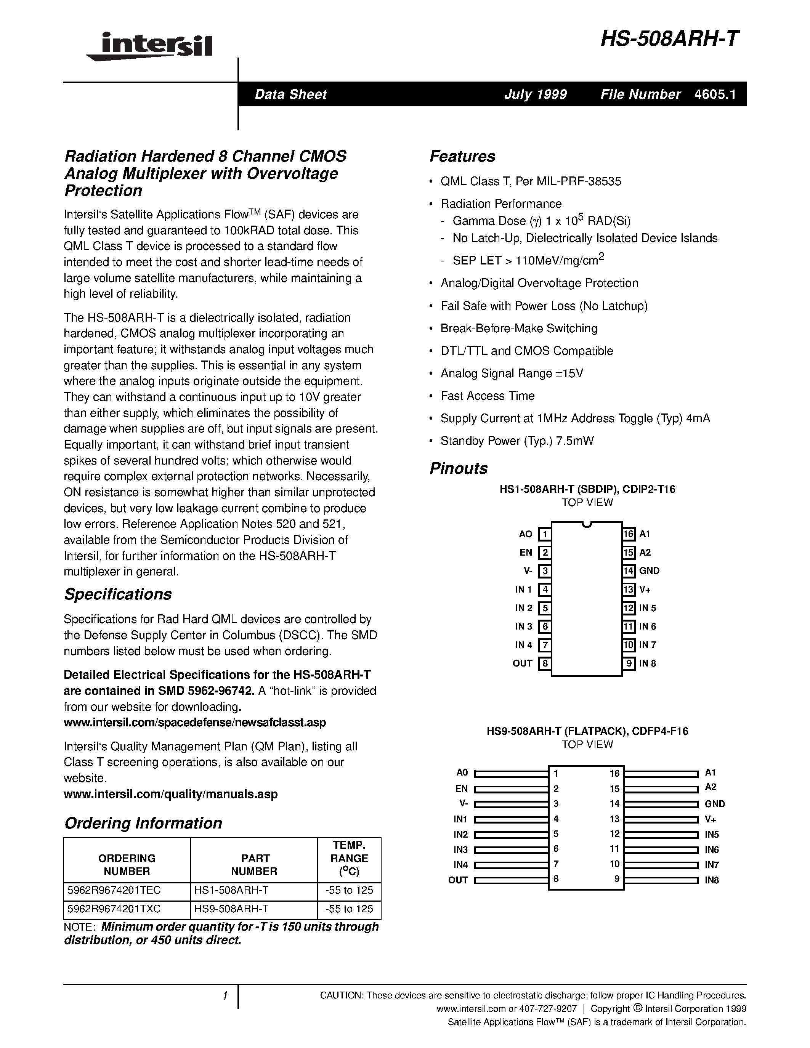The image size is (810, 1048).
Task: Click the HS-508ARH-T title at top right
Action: click(670, 38)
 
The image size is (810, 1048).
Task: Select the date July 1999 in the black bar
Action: click(535, 95)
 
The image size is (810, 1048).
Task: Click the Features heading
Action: click(462, 156)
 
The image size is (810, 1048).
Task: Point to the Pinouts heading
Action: click(458, 468)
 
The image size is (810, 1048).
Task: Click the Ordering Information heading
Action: click(143, 823)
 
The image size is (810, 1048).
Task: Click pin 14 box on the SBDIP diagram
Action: click(629, 571)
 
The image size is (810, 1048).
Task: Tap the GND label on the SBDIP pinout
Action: click(649, 571)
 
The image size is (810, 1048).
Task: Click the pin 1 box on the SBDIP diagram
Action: click(544, 534)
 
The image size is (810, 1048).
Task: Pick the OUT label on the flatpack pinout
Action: click(458, 880)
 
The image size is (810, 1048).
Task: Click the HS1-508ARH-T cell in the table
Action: click(231, 890)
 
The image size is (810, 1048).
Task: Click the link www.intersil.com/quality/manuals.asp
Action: click(170, 794)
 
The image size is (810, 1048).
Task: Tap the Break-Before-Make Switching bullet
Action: click(519, 329)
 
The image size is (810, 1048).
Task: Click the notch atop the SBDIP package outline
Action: click(586, 524)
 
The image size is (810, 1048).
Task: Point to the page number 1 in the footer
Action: click(225, 996)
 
